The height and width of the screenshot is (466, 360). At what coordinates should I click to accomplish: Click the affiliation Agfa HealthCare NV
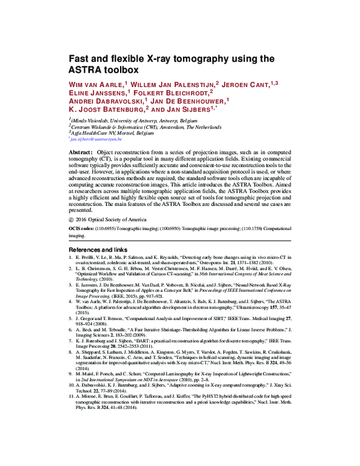(107, 133)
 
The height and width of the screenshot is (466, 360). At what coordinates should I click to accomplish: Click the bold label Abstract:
(82, 154)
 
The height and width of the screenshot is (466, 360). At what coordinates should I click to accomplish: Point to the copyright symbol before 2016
(73, 220)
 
